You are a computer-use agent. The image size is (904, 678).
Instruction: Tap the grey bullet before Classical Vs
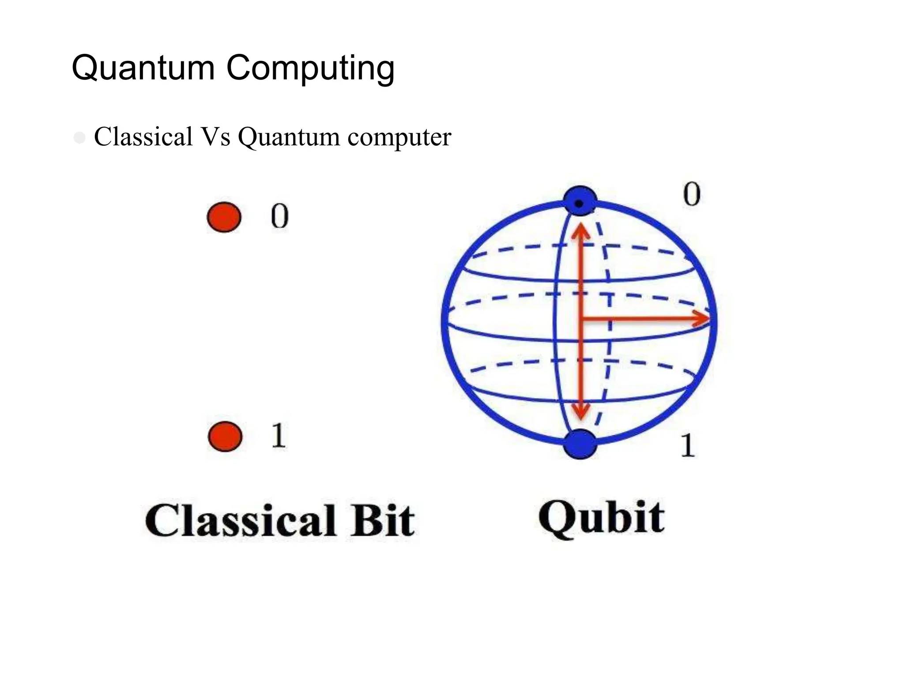80,138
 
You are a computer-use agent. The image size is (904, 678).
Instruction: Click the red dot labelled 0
224,217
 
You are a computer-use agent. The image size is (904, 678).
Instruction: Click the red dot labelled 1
225,436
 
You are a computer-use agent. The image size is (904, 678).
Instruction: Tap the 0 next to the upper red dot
279,216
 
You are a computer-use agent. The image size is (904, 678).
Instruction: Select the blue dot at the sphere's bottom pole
580,444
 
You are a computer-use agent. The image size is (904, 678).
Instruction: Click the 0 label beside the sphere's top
692,194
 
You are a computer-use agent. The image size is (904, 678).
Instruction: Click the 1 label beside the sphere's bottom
687,445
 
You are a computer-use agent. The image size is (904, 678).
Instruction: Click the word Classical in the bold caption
240,521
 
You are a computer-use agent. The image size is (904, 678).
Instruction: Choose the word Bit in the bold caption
382,521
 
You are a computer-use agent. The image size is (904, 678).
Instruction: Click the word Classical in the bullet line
143,136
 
